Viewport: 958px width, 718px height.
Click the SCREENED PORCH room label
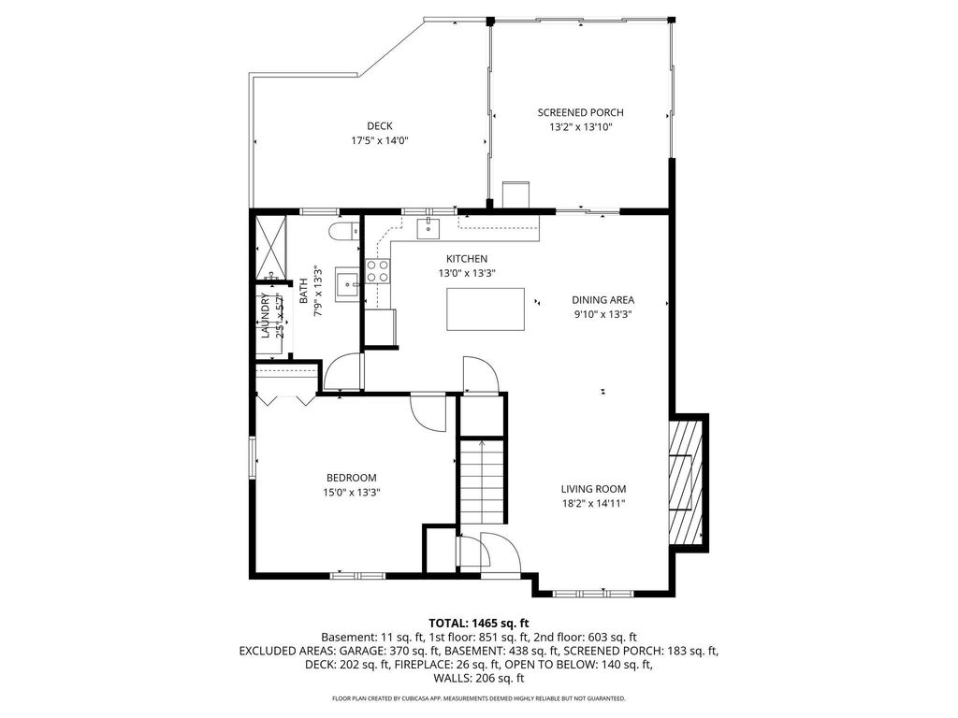(x=580, y=112)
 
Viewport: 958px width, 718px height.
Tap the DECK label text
(x=380, y=126)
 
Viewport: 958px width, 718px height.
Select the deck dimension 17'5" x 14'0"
(x=380, y=140)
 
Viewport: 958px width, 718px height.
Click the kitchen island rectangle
(x=486, y=309)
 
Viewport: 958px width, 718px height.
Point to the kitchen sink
(x=428, y=228)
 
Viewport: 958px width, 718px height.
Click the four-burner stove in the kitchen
(x=378, y=271)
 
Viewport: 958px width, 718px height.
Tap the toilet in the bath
(x=342, y=232)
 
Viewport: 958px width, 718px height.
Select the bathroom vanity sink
(x=348, y=284)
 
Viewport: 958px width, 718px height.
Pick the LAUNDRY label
(x=265, y=316)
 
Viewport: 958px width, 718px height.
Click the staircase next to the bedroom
(x=482, y=481)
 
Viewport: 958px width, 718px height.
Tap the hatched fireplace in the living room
(x=686, y=482)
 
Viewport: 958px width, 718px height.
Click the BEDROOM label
(x=352, y=478)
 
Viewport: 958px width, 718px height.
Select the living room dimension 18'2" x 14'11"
(x=593, y=504)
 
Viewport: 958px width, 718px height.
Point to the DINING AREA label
(x=602, y=300)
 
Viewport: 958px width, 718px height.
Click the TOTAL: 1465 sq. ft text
(x=478, y=624)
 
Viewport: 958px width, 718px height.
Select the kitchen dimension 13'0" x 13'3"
(x=466, y=274)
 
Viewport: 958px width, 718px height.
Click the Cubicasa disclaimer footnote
(x=478, y=697)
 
